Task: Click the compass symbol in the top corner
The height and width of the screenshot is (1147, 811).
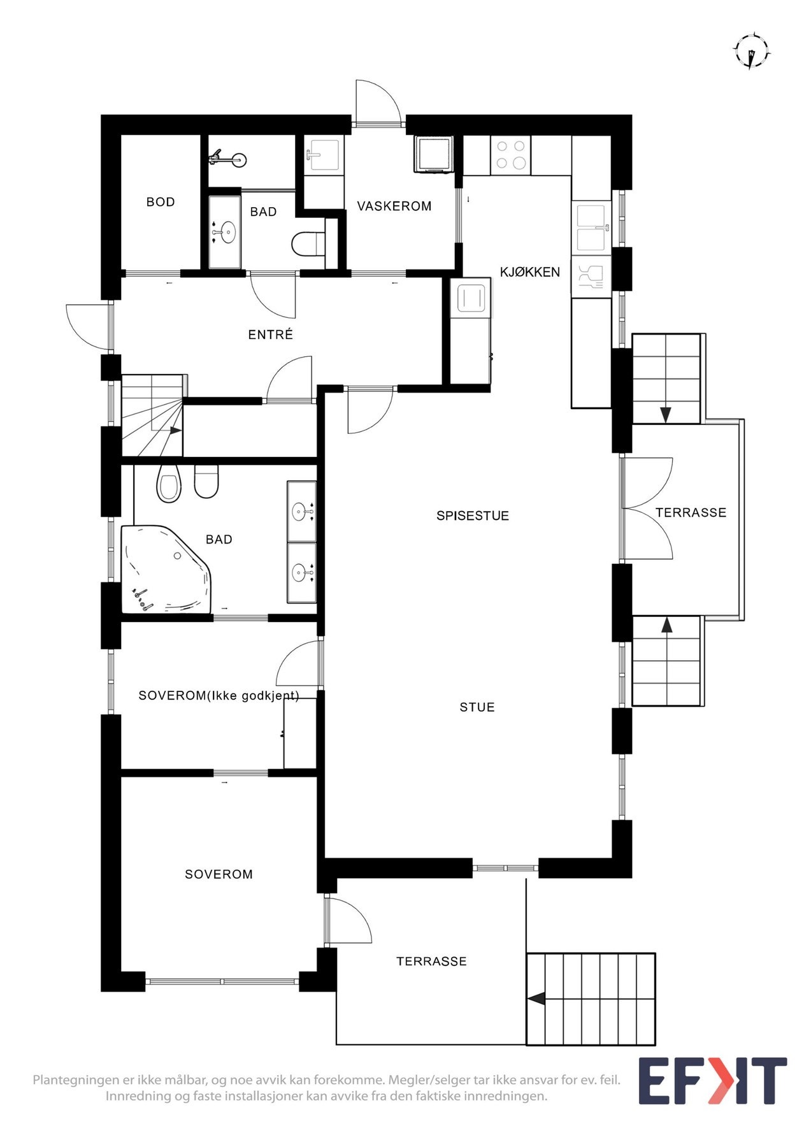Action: (752, 50)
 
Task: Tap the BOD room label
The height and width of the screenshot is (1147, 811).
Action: (161, 202)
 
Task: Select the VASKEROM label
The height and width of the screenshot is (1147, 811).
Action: (394, 206)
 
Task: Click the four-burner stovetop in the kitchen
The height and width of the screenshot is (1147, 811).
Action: (511, 155)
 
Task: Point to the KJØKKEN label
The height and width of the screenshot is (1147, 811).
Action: (530, 272)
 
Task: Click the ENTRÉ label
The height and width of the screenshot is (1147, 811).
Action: (271, 335)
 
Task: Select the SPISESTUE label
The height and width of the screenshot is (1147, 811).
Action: (473, 516)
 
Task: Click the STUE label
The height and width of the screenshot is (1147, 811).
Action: (477, 707)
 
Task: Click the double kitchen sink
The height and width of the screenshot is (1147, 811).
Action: (592, 227)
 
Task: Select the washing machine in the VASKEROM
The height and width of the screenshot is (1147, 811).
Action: (434, 154)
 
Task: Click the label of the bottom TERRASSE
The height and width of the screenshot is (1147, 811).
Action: (431, 962)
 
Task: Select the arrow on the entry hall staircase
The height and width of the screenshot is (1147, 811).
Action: (175, 430)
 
